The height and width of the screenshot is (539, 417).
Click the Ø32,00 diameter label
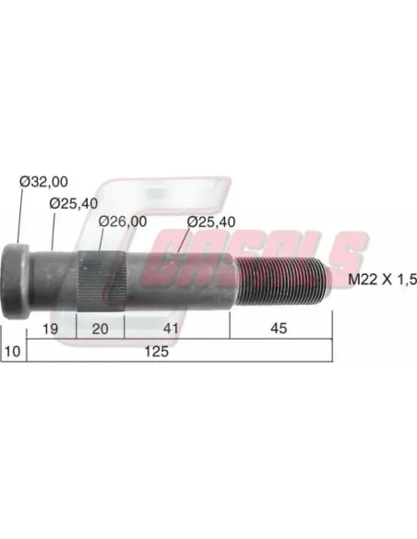coord(43,182)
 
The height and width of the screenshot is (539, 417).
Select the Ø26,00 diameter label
coord(123,222)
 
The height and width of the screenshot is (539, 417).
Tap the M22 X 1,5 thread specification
coord(382,279)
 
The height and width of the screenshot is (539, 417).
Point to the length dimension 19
coord(50,329)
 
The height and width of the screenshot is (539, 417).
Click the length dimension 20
coord(100,329)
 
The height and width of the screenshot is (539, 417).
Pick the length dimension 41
coord(171,329)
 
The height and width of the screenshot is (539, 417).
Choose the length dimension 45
coord(279,329)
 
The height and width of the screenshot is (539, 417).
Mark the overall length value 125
coord(156,352)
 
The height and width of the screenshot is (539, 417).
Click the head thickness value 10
coord(12,352)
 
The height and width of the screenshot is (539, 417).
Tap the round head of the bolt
coord(17,281)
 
